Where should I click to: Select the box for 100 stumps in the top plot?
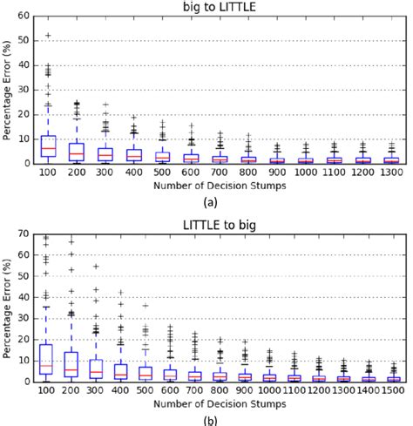pos(48,145)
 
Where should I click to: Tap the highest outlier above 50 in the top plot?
pos(48,36)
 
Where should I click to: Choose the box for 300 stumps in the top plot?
pos(105,154)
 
